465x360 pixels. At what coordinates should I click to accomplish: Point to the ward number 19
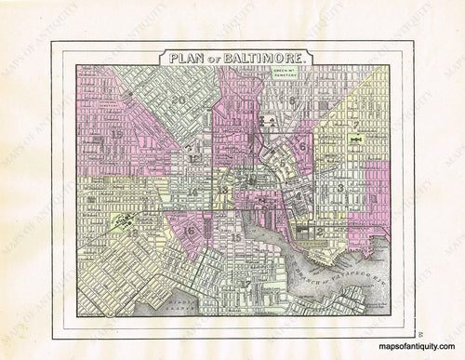point(116,134)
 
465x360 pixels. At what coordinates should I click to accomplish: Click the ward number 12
point(193,157)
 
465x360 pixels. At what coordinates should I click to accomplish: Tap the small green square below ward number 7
point(354,140)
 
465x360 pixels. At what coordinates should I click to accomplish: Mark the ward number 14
point(191,192)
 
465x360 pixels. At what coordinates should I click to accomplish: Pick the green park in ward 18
point(124,221)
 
